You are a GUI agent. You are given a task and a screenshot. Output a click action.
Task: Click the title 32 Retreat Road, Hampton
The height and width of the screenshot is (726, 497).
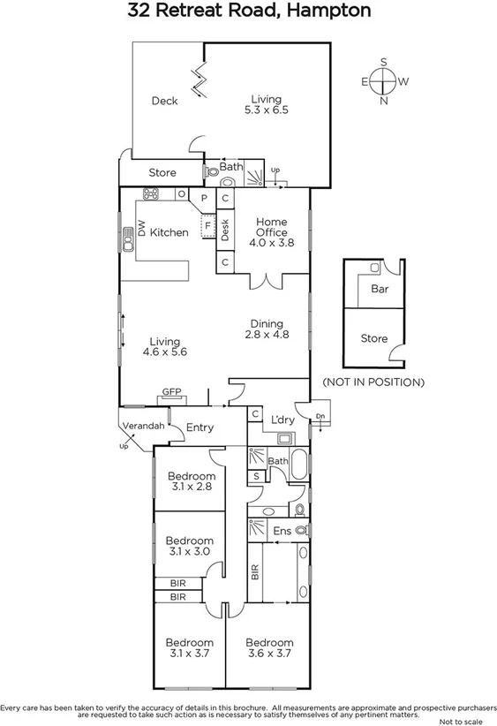point(248,11)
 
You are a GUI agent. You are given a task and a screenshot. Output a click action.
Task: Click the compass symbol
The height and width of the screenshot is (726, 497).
point(383,81)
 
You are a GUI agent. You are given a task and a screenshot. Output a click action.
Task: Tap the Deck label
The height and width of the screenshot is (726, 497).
point(164,101)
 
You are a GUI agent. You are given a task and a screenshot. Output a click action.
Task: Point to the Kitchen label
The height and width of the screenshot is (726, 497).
point(169,232)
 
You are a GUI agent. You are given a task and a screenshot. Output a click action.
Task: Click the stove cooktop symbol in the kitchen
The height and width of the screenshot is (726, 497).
point(151,194)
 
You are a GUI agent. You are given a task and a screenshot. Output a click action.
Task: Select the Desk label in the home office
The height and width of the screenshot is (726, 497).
point(226,230)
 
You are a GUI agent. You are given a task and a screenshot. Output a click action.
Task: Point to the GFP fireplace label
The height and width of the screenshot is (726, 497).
point(170,391)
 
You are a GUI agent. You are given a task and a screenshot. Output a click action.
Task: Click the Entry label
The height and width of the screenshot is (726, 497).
point(200,427)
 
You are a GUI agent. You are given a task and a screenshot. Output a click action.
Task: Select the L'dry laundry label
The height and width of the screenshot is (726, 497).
point(282,419)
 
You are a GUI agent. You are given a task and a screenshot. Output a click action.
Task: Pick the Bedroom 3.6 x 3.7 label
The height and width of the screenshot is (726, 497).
point(268,647)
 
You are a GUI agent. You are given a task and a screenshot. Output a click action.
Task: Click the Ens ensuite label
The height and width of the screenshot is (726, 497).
point(282,531)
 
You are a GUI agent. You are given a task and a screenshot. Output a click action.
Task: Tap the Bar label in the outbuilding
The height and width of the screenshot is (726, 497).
point(380,289)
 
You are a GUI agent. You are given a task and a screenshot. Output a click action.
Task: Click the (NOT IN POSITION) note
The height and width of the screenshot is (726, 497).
point(373,382)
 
